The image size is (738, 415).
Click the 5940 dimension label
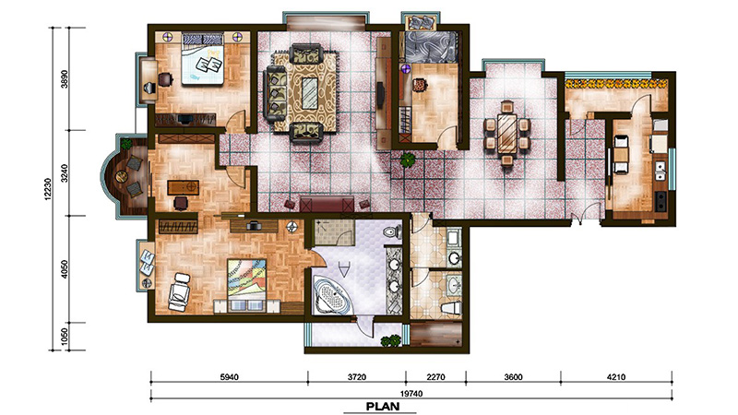click(229, 377)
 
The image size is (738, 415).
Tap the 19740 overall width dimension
click(411, 394)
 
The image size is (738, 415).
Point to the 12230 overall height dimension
click(48, 189)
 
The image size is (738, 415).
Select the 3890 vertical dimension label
click(65, 79)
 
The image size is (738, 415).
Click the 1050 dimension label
click(65, 337)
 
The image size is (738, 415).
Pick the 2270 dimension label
click(435, 377)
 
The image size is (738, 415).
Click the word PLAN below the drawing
click(383, 406)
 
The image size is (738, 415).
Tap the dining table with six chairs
click(506, 133)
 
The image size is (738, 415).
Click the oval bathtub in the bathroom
click(333, 296)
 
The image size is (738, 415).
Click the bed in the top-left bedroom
click(202, 58)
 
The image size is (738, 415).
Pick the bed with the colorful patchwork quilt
click(247, 284)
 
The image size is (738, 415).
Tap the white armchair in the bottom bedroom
click(179, 291)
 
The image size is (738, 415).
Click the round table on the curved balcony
click(122, 176)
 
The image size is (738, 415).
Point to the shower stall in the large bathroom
click(334, 232)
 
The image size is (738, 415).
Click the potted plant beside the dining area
click(407, 160)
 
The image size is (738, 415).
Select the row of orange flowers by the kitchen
click(616, 84)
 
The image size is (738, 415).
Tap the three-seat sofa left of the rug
click(275, 94)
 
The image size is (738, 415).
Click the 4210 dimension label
click(616, 377)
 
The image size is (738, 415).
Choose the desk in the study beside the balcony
click(183, 187)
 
